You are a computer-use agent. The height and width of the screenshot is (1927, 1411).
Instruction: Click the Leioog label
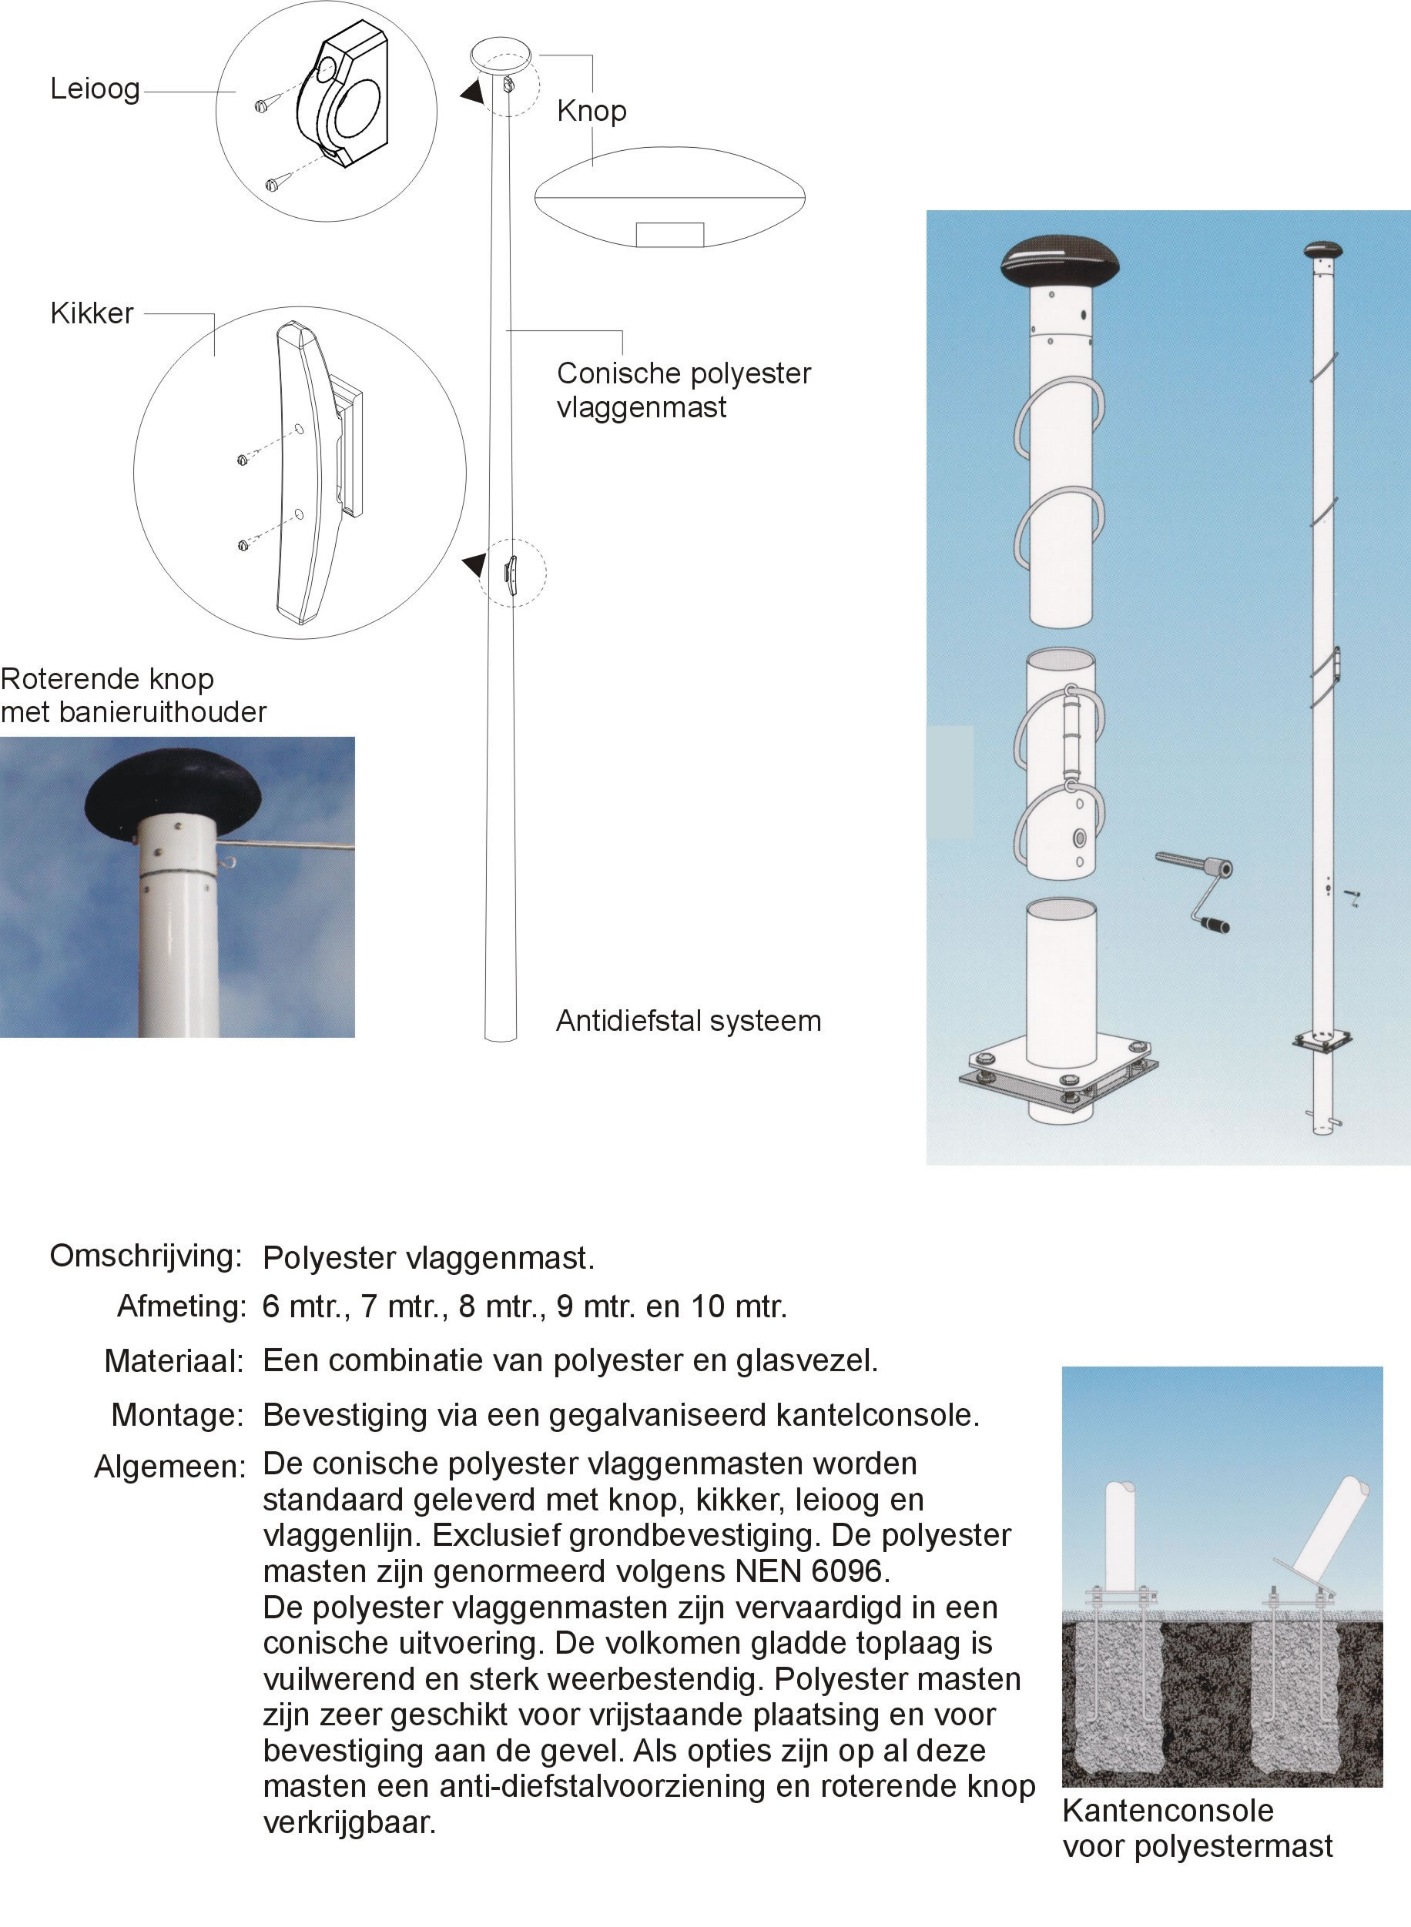[95, 88]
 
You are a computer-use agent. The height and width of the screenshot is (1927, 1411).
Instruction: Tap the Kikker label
[92, 313]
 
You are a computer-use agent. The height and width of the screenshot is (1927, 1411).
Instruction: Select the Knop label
[591, 111]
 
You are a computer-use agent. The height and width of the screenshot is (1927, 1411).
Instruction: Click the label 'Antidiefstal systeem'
[688, 1020]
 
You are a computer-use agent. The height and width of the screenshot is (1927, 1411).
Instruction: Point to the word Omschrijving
[146, 1256]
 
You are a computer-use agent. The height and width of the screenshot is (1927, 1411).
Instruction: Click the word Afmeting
[181, 1306]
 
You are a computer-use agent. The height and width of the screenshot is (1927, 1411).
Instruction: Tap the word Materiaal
[174, 1361]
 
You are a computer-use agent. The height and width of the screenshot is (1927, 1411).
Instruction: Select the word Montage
[178, 1415]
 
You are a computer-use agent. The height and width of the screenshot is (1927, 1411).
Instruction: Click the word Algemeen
[169, 1467]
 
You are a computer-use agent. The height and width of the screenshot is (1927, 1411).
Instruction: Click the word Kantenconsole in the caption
[1168, 1810]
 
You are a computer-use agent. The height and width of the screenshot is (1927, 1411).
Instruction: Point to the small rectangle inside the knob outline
[669, 234]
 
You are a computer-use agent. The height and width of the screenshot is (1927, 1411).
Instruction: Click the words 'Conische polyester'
[683, 373]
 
